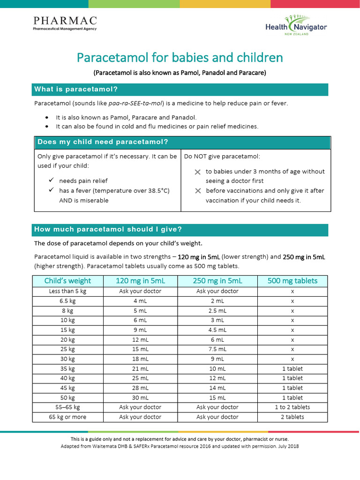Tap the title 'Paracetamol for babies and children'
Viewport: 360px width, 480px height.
coord(180,58)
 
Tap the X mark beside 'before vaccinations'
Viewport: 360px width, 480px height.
coord(197,191)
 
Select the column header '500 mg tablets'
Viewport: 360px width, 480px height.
coord(292,281)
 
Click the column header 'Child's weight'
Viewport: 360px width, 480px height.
coord(67,281)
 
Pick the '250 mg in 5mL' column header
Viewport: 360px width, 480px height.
coord(217,281)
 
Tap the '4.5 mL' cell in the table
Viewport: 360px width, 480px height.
coord(217,330)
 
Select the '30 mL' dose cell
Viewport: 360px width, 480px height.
coord(140,397)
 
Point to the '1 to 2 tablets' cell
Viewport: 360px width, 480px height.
coord(292,407)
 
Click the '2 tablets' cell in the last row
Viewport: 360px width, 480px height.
coord(292,417)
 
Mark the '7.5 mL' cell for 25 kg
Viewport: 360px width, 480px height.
coord(217,349)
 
